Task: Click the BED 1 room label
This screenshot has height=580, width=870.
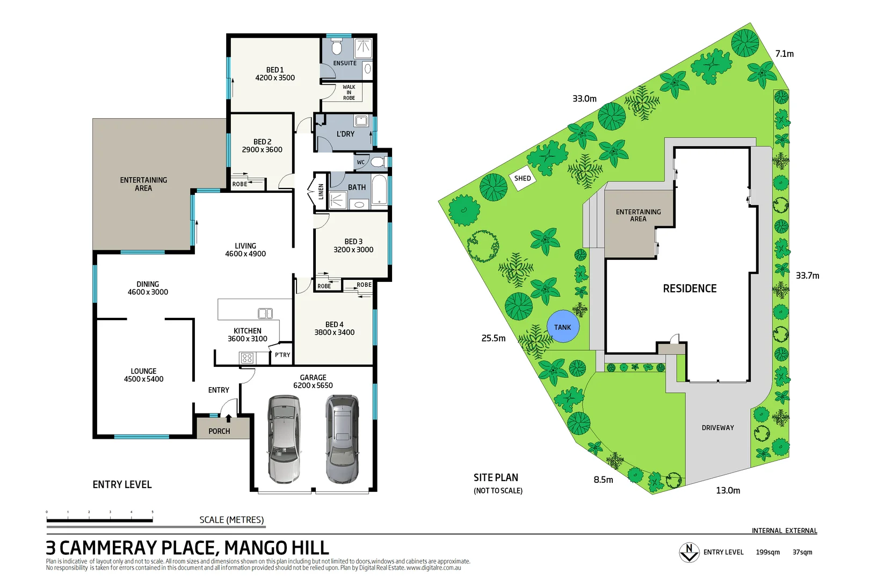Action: pos(275,74)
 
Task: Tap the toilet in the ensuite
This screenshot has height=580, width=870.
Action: pos(337,48)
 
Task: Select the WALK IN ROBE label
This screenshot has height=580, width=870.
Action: pos(349,92)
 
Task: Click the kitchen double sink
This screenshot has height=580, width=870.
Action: pos(265,313)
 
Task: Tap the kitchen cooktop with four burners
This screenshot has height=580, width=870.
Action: pos(247,358)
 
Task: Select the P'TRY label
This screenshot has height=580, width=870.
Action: pos(282,355)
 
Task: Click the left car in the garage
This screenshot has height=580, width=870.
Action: pos(284,439)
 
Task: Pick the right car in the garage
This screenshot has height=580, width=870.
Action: pos(342,439)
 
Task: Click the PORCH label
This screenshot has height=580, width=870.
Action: pos(219,431)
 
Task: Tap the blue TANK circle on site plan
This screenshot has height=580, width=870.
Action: pos(563,327)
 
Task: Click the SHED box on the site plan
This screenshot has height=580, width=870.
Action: pos(523,178)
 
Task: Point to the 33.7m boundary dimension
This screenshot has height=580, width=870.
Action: pos(807,275)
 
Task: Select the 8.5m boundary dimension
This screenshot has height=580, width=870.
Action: pos(603,480)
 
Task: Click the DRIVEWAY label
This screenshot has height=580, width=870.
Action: pos(717,427)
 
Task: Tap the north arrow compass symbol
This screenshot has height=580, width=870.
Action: pos(689,552)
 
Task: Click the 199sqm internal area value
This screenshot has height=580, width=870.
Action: pos(767,552)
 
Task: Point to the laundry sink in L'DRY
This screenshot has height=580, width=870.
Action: pos(361,121)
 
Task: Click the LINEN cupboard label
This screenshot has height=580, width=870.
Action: pos(321,191)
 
